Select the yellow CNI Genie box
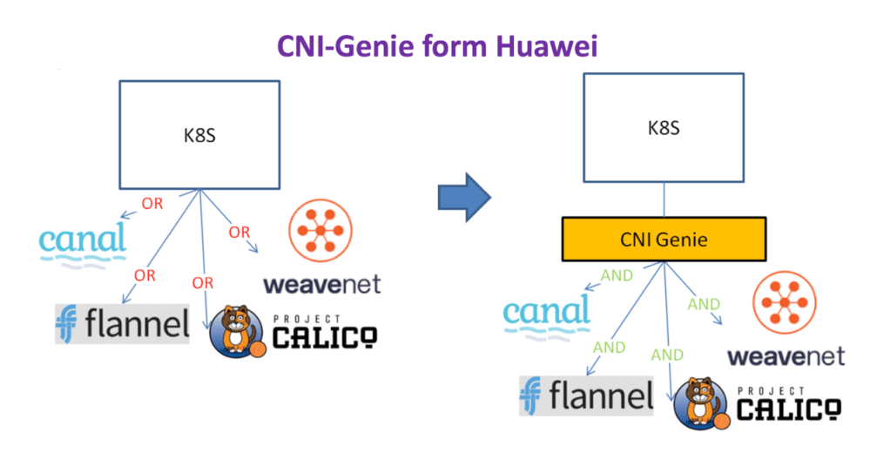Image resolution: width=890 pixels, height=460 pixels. coord(664,239)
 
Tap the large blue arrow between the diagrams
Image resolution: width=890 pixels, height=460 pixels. coord(463,197)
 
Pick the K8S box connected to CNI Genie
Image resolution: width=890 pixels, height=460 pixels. coord(664,128)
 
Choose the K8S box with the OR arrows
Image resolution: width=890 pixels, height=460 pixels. coord(199,135)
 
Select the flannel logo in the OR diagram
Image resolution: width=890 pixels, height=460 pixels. coord(122,324)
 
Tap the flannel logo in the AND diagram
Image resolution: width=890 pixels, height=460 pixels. coord(586,396)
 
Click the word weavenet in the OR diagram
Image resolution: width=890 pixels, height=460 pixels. coord(321,285)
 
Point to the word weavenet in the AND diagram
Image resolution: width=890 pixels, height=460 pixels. coord(785,356)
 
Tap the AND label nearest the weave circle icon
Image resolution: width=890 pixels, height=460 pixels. coord(704,304)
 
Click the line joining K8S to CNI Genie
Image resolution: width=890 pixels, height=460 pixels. coord(664,200)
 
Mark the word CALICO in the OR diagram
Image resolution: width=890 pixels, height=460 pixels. coord(325,335)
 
